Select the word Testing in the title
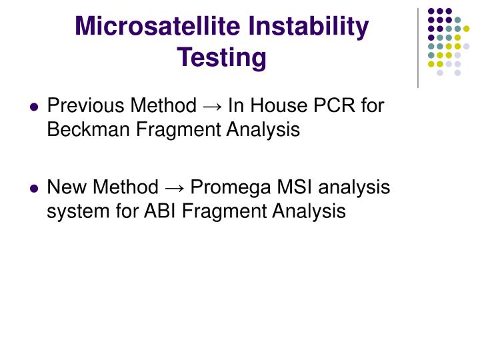(222, 57)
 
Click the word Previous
(87, 105)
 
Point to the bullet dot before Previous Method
(34, 107)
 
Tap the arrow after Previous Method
(212, 106)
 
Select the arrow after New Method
(174, 188)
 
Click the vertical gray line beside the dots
(418, 47)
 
